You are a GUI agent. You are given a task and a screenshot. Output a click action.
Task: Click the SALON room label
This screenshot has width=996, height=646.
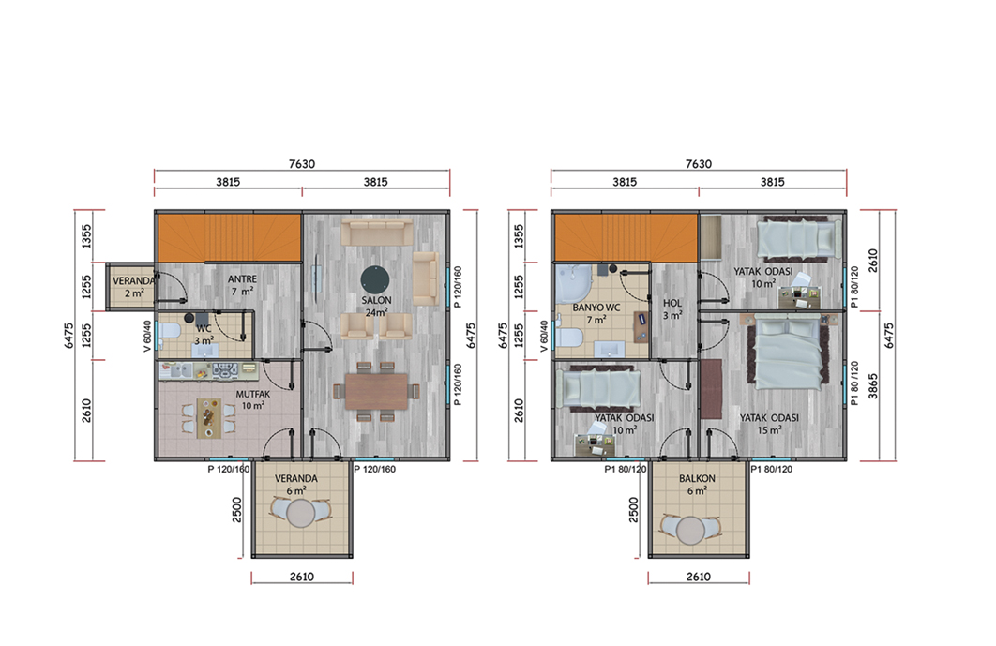(376, 300)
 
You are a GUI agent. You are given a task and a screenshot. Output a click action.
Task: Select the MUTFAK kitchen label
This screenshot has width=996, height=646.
(253, 394)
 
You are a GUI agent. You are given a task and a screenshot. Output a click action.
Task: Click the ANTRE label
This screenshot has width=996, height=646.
(243, 278)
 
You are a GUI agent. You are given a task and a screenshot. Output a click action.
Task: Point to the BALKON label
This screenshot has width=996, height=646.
(697, 478)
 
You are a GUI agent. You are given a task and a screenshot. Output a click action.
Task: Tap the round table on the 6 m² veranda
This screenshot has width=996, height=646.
(300, 513)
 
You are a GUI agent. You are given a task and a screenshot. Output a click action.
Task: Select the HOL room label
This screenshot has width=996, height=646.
(672, 303)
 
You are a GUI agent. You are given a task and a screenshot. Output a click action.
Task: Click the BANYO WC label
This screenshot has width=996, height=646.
(596, 308)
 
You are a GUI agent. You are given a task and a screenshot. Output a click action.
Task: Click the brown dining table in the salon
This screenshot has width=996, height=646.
(377, 391)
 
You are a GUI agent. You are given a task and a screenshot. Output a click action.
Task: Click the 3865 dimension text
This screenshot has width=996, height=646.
(873, 386)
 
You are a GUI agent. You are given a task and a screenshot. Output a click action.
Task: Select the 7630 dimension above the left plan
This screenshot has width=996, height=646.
(302, 164)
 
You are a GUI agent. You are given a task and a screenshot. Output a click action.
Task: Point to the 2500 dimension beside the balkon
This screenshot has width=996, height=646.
(633, 509)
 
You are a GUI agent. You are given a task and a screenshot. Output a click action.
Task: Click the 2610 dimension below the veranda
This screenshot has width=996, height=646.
(302, 577)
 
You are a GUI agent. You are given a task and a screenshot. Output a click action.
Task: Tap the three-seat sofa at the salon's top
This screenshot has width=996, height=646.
(377, 233)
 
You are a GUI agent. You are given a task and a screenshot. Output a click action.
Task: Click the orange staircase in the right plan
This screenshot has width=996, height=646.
(626, 237)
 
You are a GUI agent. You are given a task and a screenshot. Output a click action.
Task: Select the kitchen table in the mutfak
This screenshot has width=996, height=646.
(209, 418)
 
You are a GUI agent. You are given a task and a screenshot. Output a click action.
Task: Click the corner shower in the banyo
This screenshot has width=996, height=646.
(574, 283)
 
